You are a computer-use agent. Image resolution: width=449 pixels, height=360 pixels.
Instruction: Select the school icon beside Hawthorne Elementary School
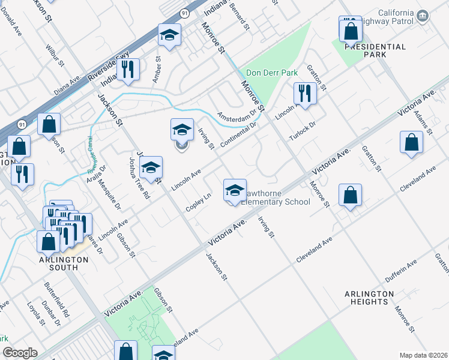coord(235,191)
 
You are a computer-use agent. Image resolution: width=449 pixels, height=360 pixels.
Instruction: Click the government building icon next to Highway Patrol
coord(423,15)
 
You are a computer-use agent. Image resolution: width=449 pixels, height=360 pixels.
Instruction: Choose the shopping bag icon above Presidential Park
coord(351,29)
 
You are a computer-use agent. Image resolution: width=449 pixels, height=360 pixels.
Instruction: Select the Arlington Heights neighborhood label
coord(369,298)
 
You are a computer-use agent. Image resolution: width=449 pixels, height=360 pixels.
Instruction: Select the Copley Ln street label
coord(199,202)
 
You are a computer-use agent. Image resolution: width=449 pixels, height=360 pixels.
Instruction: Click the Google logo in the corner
coord(20,353)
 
